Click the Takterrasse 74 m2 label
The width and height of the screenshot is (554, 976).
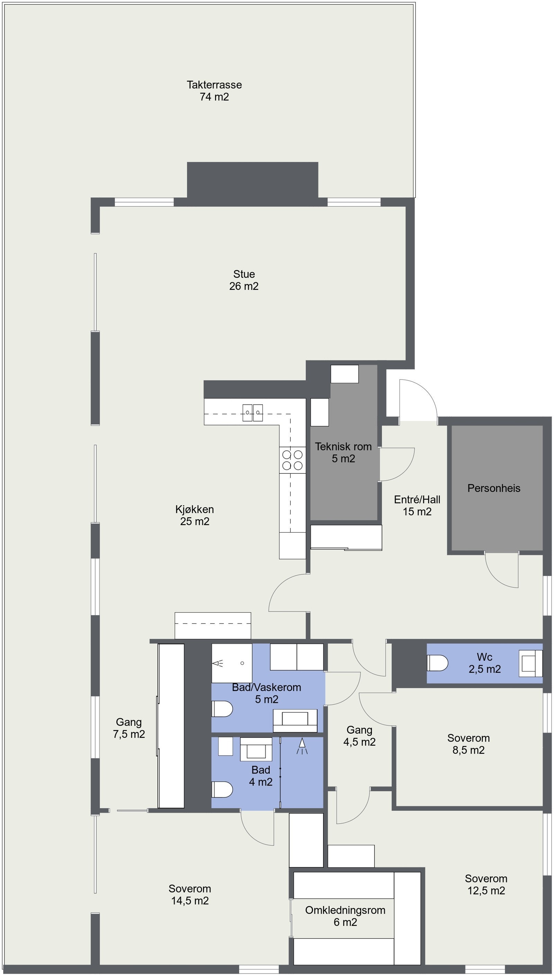pos(214,90)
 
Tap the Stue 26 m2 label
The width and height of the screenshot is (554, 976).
pos(244,280)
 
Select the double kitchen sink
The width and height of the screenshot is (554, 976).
pos(253,413)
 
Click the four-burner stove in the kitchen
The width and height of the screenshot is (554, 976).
pos(292,460)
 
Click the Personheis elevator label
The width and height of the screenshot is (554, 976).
pos(493,488)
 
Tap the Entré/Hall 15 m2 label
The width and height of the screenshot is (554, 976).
pos(417,505)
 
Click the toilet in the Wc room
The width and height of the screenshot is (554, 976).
pos(438,663)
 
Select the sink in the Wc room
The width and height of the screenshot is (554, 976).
pos(530,663)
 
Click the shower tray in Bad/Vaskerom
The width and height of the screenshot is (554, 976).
pos(232,663)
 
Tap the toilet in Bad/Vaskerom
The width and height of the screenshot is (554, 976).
pos(222,709)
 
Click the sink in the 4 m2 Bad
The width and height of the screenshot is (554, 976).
pos(256,749)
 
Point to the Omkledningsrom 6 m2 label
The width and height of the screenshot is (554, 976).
pos(345,916)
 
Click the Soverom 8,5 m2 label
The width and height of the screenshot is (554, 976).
pos(468,744)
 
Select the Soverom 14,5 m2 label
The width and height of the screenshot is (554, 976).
pos(190,895)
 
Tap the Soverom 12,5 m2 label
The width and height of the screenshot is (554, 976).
pos(486,884)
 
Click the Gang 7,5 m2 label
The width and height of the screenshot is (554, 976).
pos(128,728)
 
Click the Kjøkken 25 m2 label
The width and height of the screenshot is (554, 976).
pos(195,515)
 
